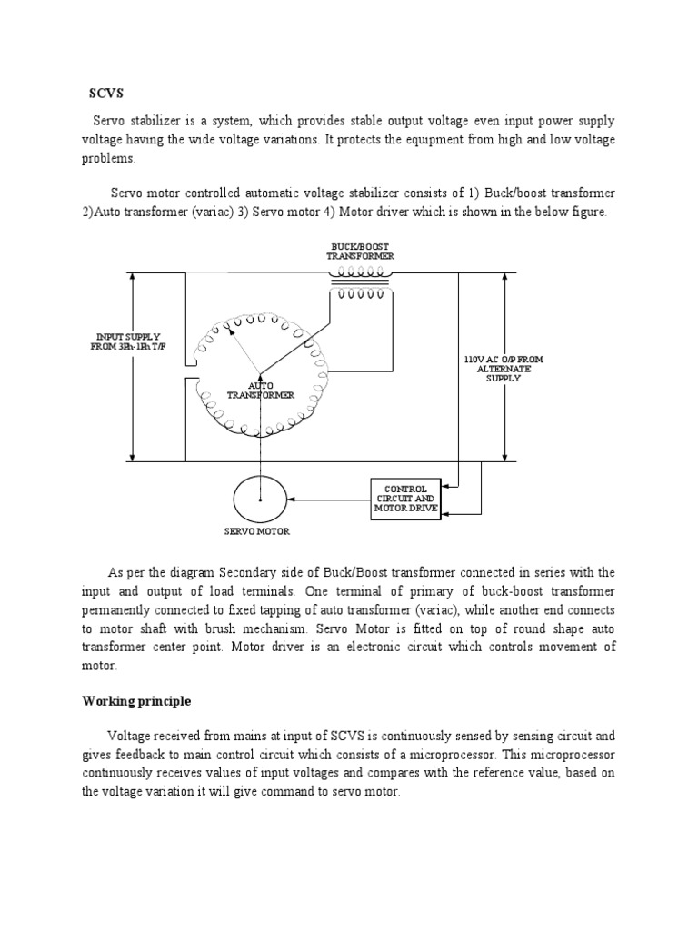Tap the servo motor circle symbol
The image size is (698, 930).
[x=259, y=499]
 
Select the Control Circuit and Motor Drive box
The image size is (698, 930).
[x=405, y=499]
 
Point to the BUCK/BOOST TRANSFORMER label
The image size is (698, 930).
[x=360, y=251]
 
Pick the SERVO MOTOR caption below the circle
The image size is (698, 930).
[x=259, y=531]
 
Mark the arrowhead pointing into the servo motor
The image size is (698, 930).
[x=290, y=499]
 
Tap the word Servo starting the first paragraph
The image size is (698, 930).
[x=111, y=122]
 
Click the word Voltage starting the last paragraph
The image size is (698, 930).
[x=129, y=737]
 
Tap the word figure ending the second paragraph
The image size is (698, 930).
[x=583, y=212]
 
